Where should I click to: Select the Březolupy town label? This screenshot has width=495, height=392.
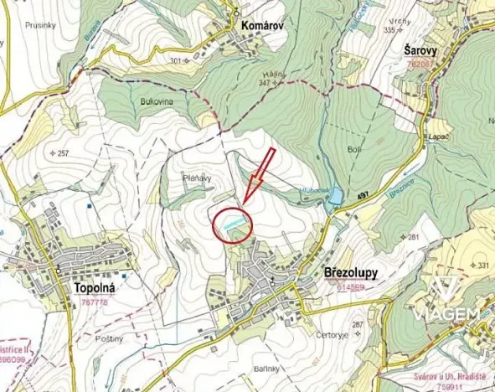[350, 274]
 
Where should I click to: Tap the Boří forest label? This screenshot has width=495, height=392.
[353, 149]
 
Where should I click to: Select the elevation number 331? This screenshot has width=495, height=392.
[482, 266]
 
